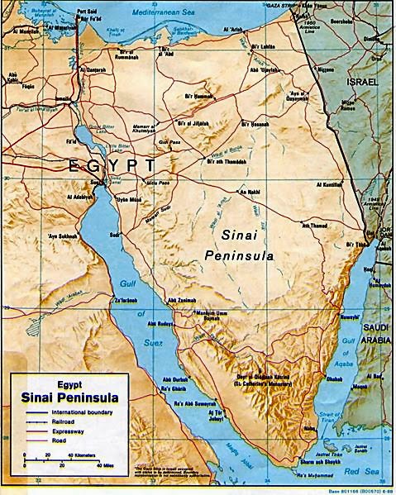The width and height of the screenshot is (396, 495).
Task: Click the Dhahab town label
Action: click(335, 379)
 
